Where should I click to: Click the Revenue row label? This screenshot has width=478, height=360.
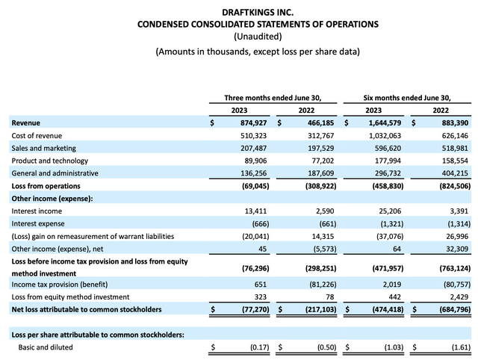point(26,122)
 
